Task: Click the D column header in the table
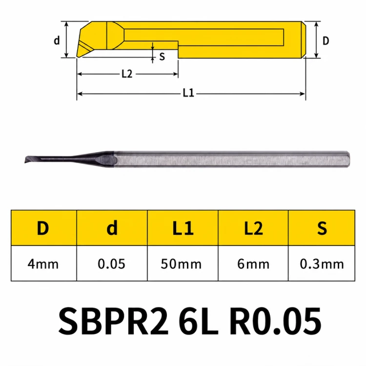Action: pos(43,228)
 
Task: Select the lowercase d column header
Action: pos(112,228)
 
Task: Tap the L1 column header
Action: pos(183,228)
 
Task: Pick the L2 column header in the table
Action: pos(253,228)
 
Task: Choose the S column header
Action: pos(322,228)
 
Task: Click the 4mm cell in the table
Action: pos(43,264)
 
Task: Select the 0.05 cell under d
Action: pos(112,264)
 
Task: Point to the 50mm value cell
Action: pos(181,264)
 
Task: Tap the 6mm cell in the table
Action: pos(253,264)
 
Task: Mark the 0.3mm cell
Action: pos(322,264)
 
